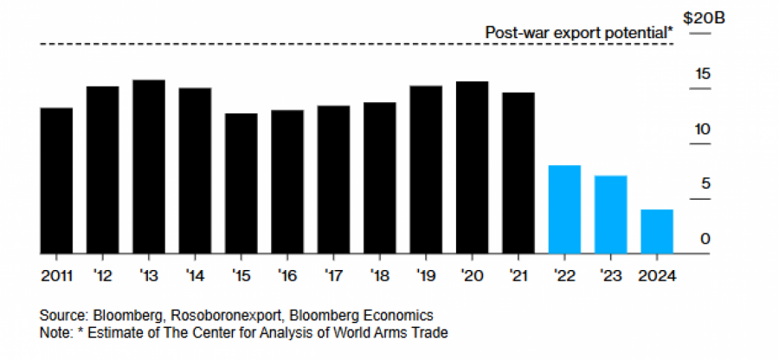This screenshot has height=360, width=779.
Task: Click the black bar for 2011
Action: [x=56, y=181]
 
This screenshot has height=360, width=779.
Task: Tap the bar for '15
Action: [x=241, y=183]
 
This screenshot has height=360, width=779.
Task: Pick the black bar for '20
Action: [x=472, y=168]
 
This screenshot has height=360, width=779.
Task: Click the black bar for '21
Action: [x=518, y=173]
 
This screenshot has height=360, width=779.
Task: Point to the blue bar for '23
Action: [x=610, y=215]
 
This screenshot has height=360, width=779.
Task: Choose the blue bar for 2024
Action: [x=656, y=232]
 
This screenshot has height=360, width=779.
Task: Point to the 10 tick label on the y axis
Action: [x=702, y=129]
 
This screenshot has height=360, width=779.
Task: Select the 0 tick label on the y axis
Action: [x=705, y=239]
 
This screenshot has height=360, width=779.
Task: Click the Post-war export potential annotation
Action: [x=578, y=32]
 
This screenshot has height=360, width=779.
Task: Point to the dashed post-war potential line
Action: [x=260, y=44]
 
